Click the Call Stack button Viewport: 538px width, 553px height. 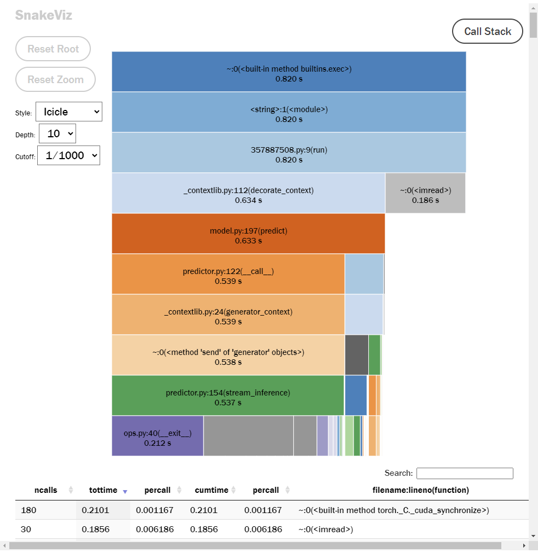coord(487,31)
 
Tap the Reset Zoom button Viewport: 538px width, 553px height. coord(55,79)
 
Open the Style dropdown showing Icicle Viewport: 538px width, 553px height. coord(68,112)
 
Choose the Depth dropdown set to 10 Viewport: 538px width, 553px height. coord(57,133)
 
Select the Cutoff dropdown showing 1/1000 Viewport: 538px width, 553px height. coord(68,155)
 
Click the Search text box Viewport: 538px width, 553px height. coord(465,473)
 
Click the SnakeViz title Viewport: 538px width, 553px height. coord(43,15)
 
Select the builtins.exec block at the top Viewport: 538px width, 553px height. coord(288,72)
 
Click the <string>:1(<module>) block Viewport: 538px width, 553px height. coord(288,112)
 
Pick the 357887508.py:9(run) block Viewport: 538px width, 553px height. coord(288,153)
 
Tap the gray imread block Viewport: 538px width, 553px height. coord(425,193)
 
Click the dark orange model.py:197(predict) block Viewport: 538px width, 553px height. coord(248,234)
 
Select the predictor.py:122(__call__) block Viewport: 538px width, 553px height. coord(228,274)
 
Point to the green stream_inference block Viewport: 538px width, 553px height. coord(228,395)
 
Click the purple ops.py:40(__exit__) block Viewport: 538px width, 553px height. coord(158,436)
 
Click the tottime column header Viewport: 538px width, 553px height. coord(103,490)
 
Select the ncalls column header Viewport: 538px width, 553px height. coord(46,490)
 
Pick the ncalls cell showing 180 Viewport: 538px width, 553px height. coord(28,510)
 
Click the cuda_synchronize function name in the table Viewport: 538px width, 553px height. coord(393,510)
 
